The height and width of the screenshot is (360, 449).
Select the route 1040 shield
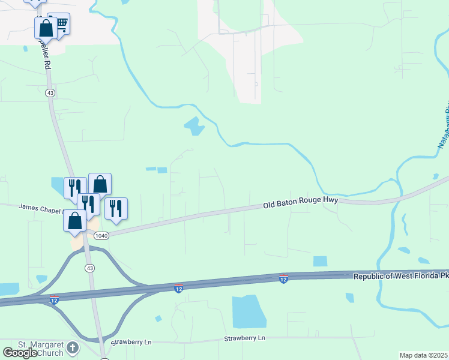pos(101,236)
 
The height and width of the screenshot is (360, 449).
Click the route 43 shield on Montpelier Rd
pos(50,93)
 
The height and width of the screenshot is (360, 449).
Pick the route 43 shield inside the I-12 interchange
pos(89,267)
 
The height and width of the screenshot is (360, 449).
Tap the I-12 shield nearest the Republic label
pos(283,279)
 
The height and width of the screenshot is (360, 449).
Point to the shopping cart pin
pos(59,23)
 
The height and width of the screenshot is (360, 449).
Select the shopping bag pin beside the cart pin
pos(45,27)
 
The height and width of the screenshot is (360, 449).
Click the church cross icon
pos(73,347)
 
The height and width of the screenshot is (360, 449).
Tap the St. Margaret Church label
pos(40,349)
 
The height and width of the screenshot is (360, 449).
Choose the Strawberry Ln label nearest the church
pos(131,341)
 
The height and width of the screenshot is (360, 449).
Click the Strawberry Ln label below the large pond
pos(244,338)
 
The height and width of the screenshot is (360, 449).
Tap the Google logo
pos(19,353)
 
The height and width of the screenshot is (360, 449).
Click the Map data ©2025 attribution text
pos(423,355)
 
